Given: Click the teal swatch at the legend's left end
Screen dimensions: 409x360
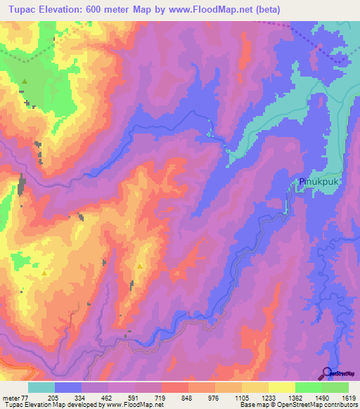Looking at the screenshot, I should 41,387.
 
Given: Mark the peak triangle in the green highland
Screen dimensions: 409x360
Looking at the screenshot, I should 25,82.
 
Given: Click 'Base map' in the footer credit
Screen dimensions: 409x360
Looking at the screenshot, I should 252,405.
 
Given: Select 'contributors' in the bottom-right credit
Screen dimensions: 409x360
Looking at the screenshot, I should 340,405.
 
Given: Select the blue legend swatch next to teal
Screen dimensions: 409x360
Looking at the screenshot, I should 68,387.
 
